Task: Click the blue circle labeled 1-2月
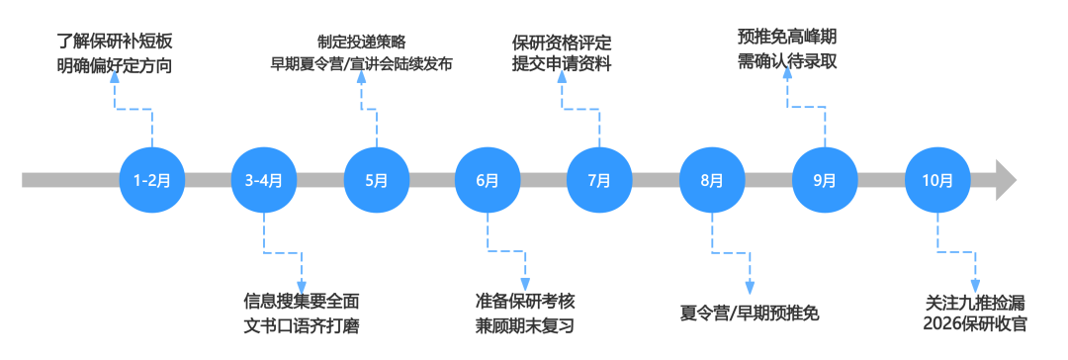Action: point(151,180)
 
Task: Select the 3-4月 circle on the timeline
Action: point(263,180)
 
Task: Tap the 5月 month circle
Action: point(376,180)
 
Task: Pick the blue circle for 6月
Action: point(488,180)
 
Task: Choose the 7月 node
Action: point(599,180)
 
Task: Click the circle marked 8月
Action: point(712,180)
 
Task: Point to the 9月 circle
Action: point(824,180)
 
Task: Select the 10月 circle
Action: point(936,180)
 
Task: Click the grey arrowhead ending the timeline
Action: point(1006,180)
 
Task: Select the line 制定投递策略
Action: point(361,42)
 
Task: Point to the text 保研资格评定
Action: point(562,42)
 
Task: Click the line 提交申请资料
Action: point(562,65)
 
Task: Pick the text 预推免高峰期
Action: point(786,38)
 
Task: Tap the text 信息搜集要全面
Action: point(302,301)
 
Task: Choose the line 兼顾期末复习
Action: point(524,325)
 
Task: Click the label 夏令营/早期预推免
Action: point(750,314)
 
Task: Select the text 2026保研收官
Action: point(975,325)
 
